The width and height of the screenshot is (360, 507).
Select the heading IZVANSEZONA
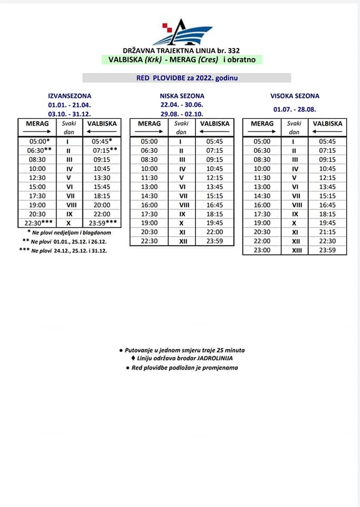pos(69,96)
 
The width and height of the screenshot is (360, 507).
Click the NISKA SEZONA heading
pos(182,96)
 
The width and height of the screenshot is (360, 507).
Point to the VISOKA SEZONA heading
pos(295,96)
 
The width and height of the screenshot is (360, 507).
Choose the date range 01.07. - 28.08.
pos(295,109)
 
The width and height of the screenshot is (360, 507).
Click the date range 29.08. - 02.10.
pos(182,114)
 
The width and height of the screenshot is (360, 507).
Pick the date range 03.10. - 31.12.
pos(69,114)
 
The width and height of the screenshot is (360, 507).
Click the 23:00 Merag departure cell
pos(262,250)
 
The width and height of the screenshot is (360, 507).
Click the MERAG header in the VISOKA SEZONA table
pos(262,124)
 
